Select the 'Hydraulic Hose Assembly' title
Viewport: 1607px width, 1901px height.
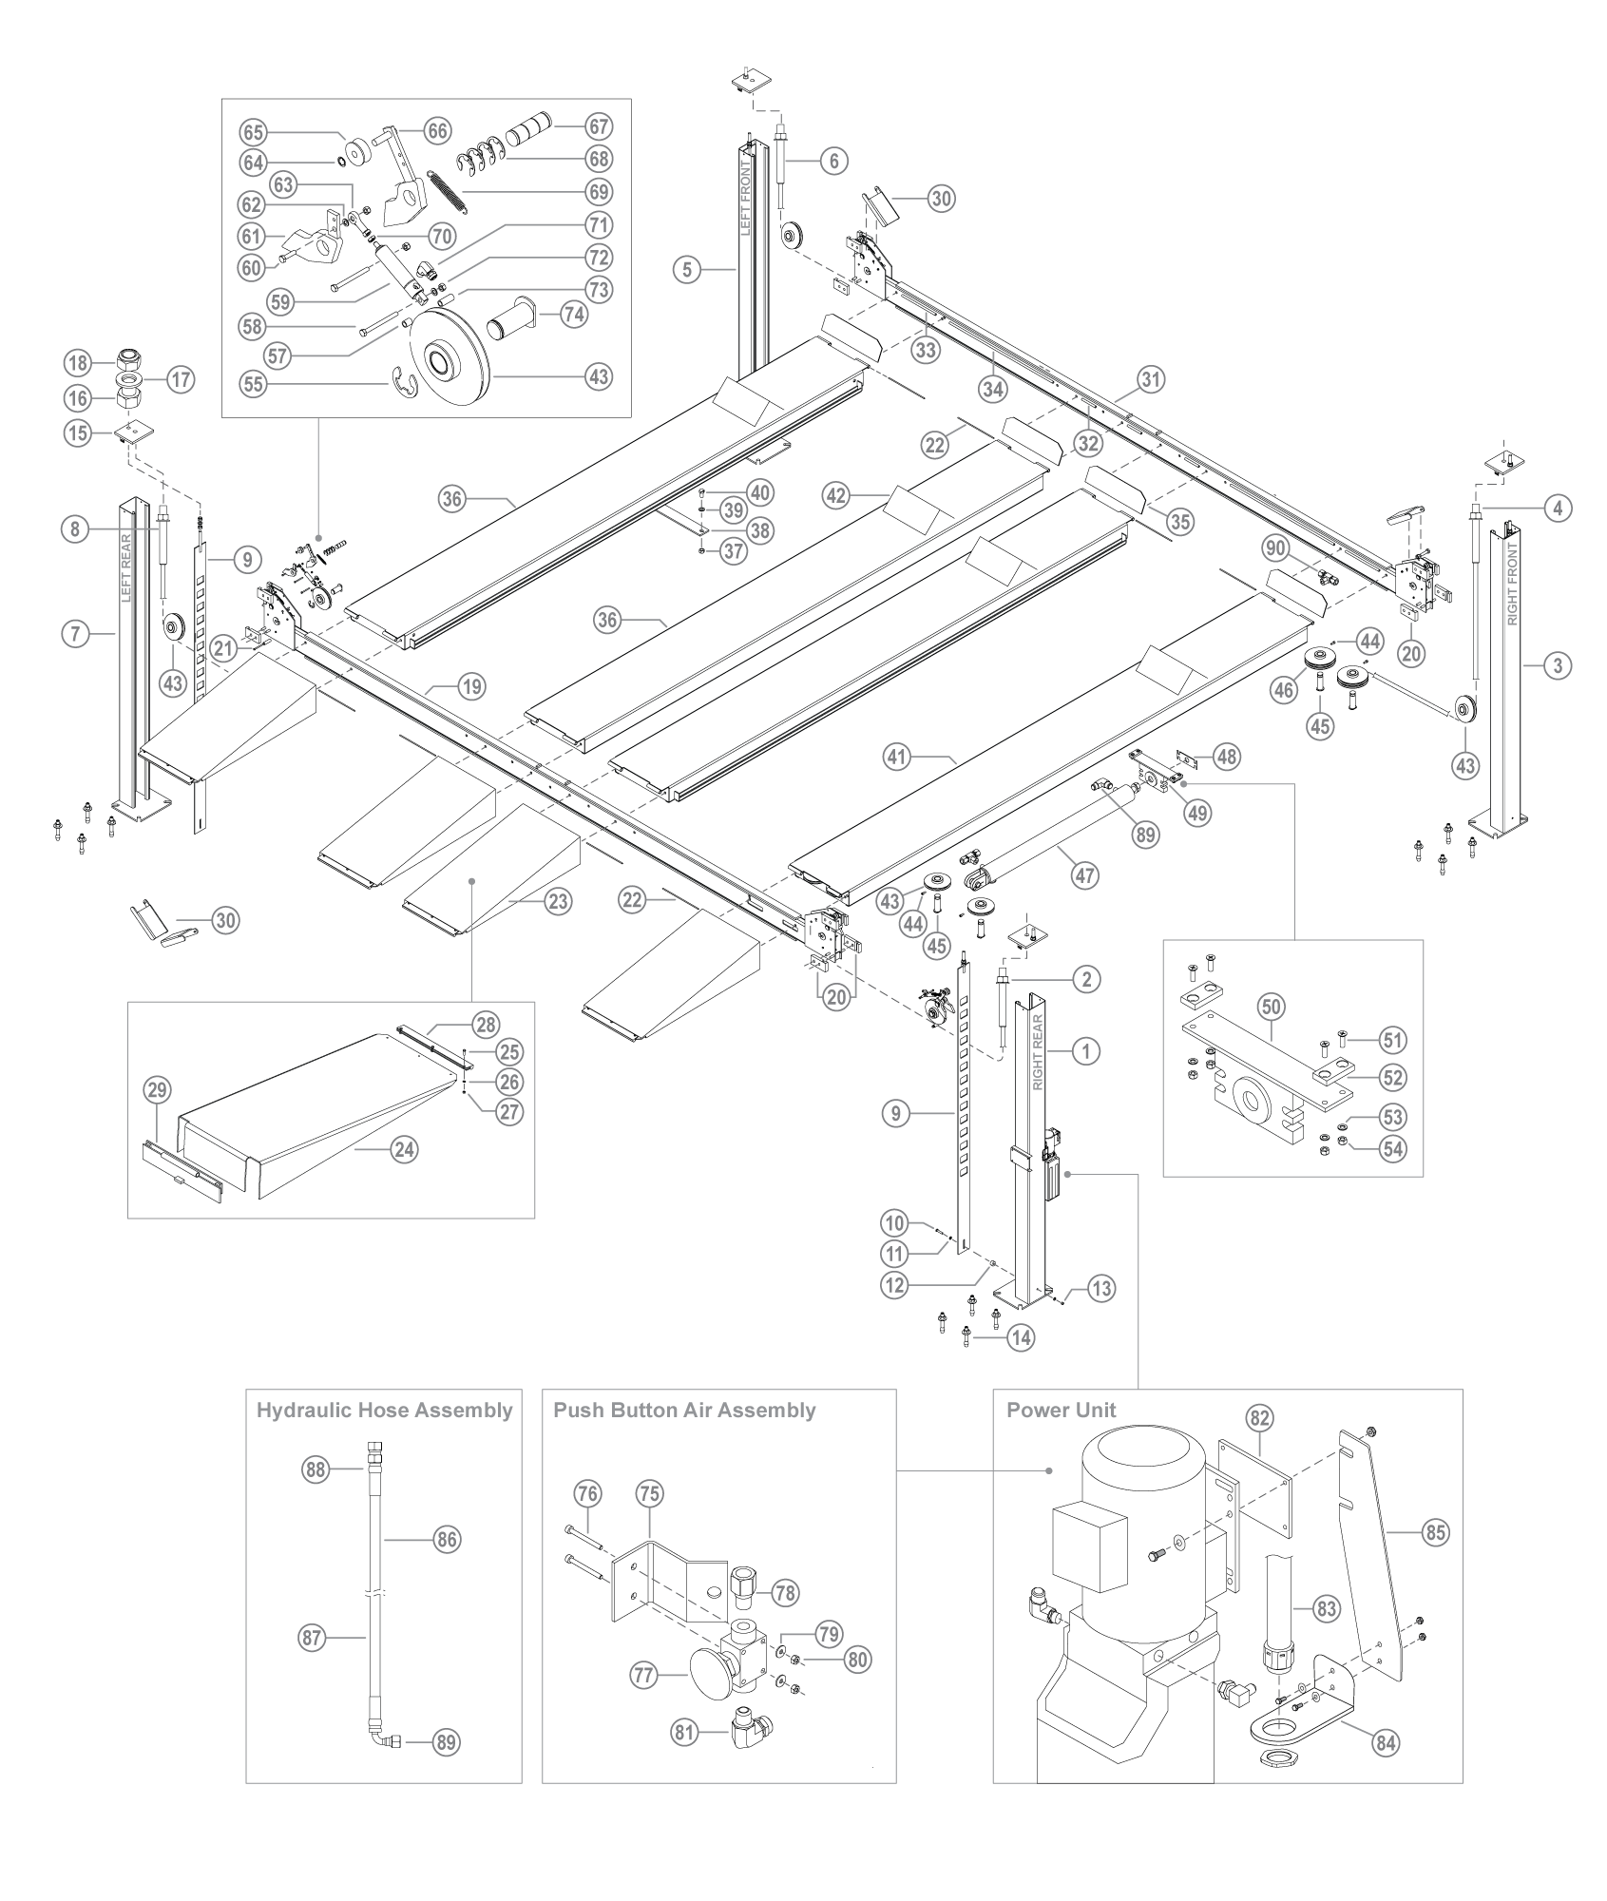(384, 1411)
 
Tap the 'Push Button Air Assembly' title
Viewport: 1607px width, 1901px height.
(684, 1411)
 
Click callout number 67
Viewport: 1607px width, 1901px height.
(599, 126)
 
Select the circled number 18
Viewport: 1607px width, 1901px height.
(78, 362)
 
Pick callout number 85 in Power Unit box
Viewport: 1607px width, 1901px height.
(1435, 1531)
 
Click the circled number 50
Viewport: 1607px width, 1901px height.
(1272, 1006)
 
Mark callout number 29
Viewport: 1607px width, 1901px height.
(158, 1090)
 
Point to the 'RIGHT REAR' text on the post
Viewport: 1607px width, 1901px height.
(1039, 1052)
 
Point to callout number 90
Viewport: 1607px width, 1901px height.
(1274, 547)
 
